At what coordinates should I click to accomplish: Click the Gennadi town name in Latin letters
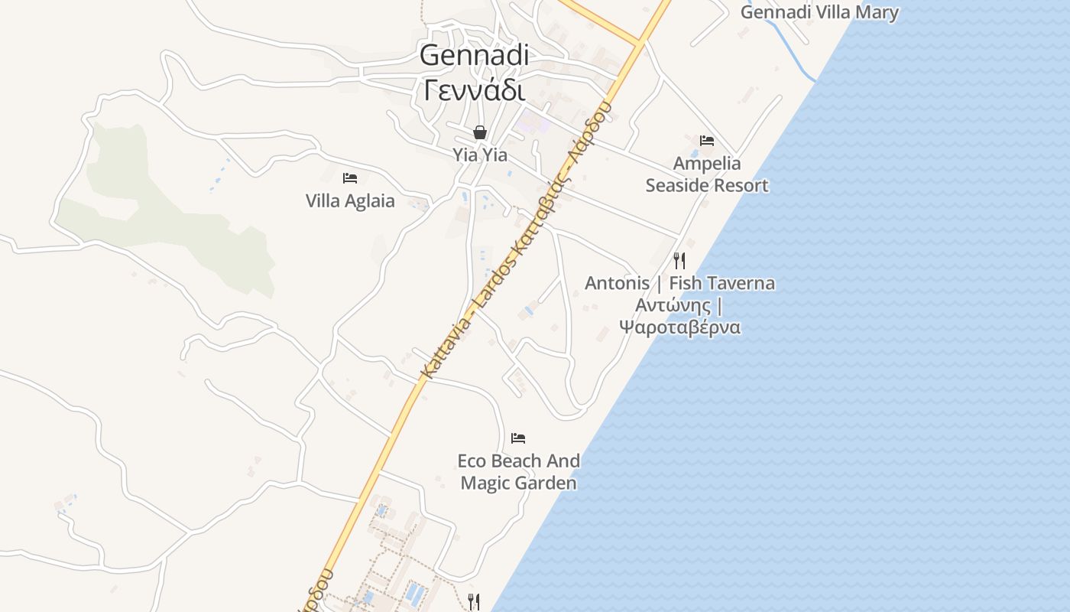click(x=474, y=55)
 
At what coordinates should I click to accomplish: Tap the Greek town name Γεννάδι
click(x=474, y=90)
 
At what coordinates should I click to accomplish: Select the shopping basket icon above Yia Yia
click(x=480, y=132)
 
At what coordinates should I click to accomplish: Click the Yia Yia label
click(x=480, y=155)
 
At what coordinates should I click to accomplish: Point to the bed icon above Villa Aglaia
click(x=350, y=178)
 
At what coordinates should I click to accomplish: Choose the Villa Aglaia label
click(x=350, y=201)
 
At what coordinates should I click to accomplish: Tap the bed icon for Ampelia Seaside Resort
click(x=707, y=141)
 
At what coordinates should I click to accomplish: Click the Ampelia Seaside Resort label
click(x=707, y=174)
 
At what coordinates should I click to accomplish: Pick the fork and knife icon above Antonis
click(x=679, y=260)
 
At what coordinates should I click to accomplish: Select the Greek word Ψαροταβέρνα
click(x=679, y=327)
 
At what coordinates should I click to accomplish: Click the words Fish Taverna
click(x=721, y=283)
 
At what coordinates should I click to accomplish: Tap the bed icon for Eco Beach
click(x=518, y=438)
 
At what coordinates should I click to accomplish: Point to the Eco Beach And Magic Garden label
click(x=518, y=472)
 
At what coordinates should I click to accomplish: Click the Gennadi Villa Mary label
click(x=819, y=12)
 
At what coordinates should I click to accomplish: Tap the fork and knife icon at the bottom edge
click(x=474, y=601)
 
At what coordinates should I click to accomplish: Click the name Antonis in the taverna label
click(x=617, y=283)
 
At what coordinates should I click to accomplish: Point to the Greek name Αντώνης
click(x=673, y=305)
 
